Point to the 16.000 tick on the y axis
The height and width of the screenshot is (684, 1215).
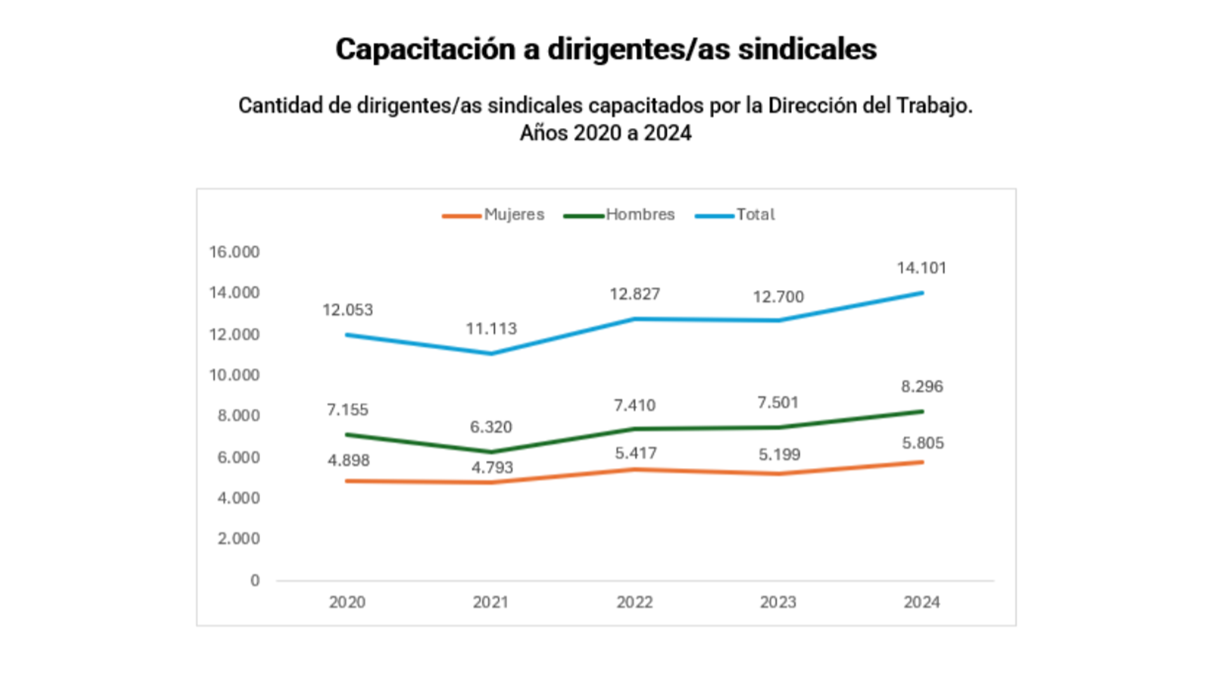(x=234, y=252)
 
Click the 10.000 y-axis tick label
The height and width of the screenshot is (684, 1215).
(x=234, y=375)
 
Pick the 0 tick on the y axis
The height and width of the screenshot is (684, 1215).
(x=254, y=580)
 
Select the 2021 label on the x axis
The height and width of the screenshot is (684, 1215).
(x=490, y=602)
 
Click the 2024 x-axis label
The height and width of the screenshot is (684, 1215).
(x=921, y=602)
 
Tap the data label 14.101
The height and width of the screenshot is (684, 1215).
(x=921, y=268)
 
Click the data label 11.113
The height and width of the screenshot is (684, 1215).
(x=491, y=329)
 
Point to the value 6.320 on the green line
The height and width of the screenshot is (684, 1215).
(x=490, y=427)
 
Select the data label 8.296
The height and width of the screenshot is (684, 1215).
(x=922, y=386)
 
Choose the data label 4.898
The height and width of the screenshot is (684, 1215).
(x=348, y=460)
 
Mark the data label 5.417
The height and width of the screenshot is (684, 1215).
(x=635, y=453)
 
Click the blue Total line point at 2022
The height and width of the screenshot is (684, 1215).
(x=635, y=319)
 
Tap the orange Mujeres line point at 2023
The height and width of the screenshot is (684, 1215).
(x=778, y=474)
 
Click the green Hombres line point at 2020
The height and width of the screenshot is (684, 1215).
(x=347, y=434)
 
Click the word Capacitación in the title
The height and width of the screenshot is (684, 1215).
(x=425, y=49)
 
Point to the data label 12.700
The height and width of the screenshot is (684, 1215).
(x=778, y=297)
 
